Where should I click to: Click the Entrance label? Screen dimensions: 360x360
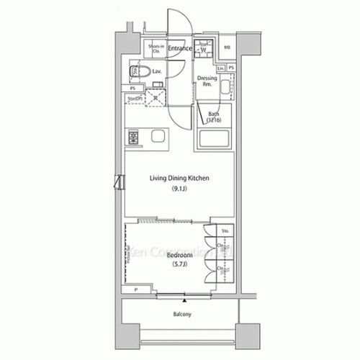tap(179, 48)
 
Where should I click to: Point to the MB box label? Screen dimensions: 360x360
tap(227, 48)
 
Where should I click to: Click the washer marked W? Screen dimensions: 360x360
tap(204, 50)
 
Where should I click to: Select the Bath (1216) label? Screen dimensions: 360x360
tap(214, 117)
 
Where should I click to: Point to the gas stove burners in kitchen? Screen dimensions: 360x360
tap(133, 136)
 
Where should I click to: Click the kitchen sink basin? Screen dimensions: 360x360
tap(158, 136)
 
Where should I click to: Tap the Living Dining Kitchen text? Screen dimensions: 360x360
tap(179, 179)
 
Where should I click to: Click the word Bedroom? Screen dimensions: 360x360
tap(179, 255)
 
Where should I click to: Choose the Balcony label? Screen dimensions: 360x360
tap(181, 315)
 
